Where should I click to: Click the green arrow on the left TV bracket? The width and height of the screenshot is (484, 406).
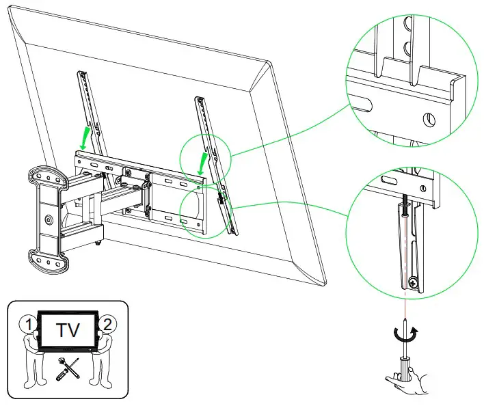(83, 137)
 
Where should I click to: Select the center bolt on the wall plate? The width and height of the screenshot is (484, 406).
(47, 220)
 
